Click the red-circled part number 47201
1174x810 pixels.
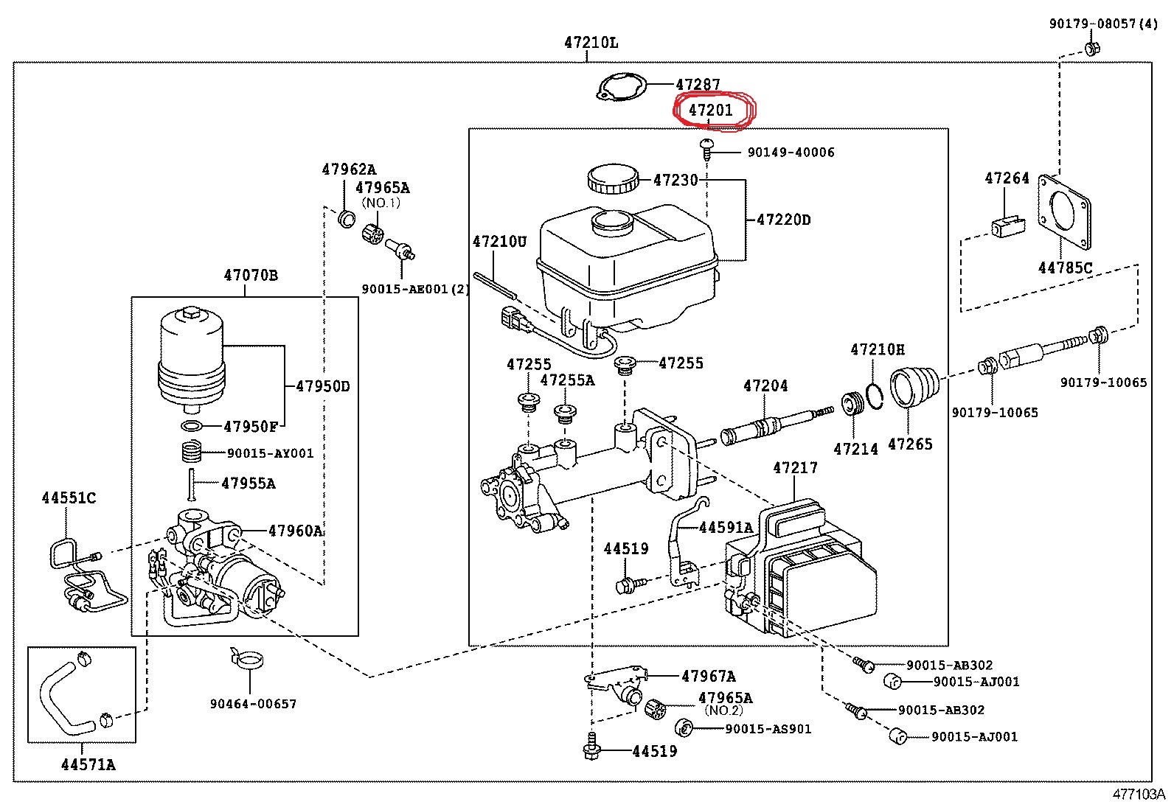710,111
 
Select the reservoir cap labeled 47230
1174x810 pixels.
614,180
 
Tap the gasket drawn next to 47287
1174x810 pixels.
622,86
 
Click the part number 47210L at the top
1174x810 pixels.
591,43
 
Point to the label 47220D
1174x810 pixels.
784,220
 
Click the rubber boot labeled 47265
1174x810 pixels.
914,387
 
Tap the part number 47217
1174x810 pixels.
795,467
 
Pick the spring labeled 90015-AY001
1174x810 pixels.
192,452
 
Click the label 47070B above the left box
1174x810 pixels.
251,275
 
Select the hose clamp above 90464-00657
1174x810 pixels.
246,659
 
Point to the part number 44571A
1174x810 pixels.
88,765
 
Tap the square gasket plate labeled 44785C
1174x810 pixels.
1064,212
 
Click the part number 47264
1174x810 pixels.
1007,178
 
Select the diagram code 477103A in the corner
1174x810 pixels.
1139,795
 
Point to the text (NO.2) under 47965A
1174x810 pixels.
723,711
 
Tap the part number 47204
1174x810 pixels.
765,386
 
